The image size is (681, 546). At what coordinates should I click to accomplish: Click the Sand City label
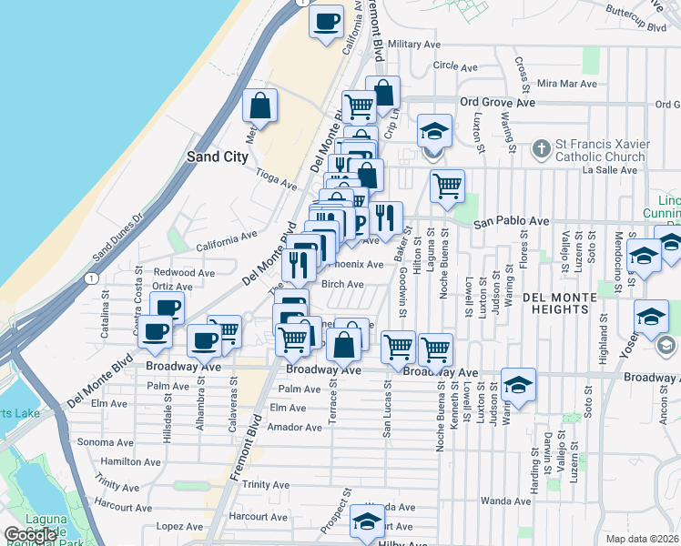[217, 157]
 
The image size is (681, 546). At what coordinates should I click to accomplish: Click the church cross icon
[541, 147]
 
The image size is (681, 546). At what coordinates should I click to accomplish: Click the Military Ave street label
[414, 44]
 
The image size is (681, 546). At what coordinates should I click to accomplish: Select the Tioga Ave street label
[277, 178]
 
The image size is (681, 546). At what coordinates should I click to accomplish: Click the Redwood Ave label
[184, 272]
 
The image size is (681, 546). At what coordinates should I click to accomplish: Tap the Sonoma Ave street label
[100, 442]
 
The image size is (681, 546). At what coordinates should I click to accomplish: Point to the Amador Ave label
[295, 427]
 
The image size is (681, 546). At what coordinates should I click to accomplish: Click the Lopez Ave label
[179, 526]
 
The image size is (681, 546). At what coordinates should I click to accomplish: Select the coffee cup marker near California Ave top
[327, 21]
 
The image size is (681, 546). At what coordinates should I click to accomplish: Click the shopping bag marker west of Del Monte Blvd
[260, 106]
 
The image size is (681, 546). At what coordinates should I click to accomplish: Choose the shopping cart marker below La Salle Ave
[447, 186]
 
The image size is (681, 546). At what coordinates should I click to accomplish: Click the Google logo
[30, 535]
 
